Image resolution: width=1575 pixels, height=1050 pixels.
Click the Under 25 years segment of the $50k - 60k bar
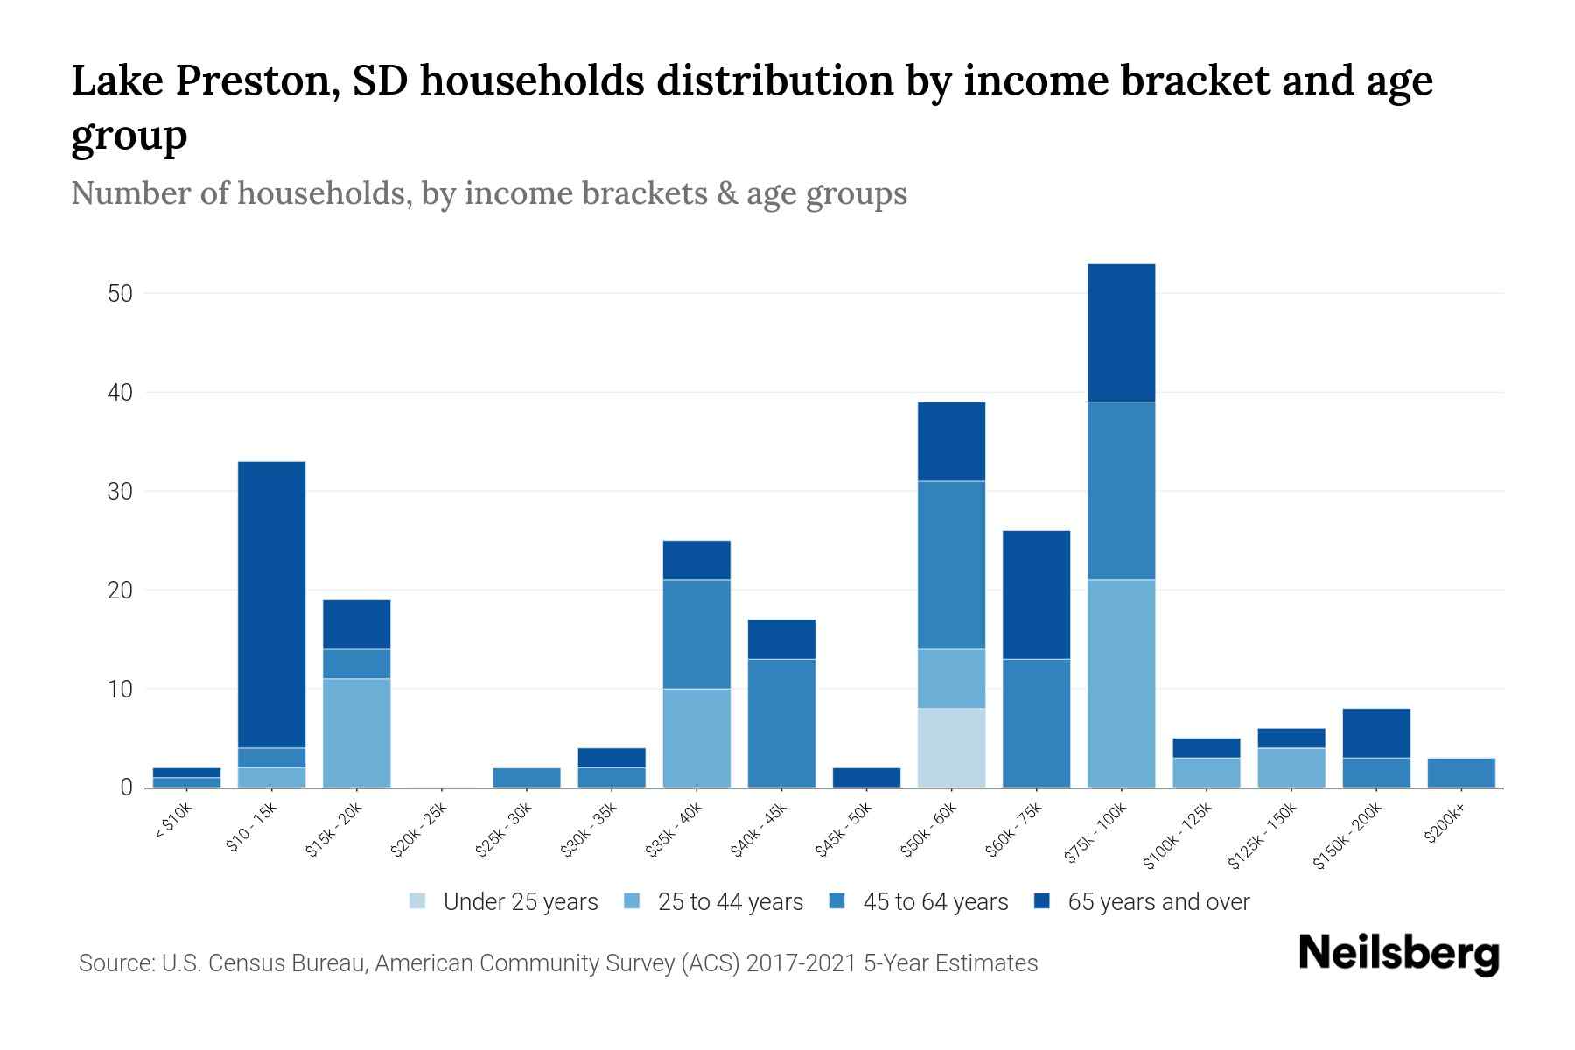(951, 747)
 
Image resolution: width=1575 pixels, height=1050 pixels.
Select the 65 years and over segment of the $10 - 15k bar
(271, 604)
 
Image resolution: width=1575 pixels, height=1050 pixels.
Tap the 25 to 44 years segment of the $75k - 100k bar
(1121, 682)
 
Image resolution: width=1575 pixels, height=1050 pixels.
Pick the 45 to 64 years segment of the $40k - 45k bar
(781, 723)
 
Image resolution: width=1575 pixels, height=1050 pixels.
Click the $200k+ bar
(1461, 773)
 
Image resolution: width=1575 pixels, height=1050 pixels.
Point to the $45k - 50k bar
(866, 777)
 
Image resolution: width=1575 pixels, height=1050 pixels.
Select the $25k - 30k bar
(527, 777)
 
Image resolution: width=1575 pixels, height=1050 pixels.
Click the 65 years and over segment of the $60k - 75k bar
(1036, 594)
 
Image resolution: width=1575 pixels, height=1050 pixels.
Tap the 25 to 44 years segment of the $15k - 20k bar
(356, 732)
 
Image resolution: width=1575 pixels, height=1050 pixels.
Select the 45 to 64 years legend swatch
(837, 900)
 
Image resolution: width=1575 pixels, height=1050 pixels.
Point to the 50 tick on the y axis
(120, 293)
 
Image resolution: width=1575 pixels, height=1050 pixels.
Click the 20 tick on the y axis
(120, 591)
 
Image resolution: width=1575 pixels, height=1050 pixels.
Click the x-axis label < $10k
(174, 821)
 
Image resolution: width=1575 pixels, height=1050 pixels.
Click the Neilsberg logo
(1399, 954)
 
